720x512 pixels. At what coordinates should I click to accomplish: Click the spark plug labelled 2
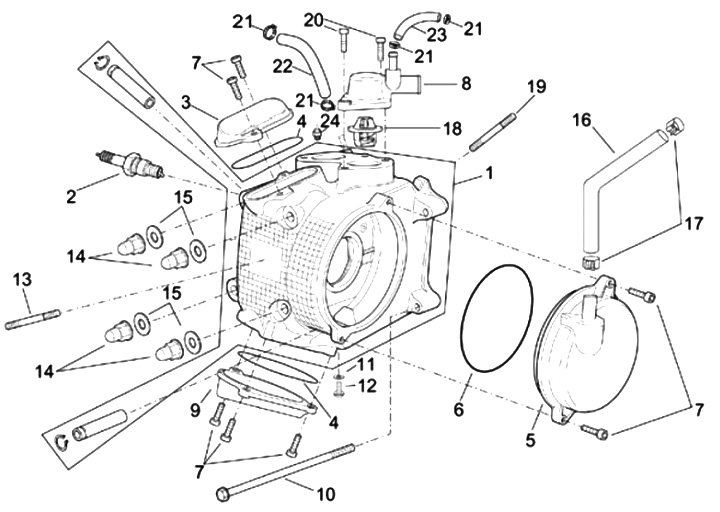pyautogui.click(x=130, y=165)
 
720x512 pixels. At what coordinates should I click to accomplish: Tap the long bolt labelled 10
pyautogui.click(x=286, y=470)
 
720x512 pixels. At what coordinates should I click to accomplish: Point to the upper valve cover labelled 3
pyautogui.click(x=252, y=123)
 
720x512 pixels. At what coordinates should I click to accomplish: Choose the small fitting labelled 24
pyautogui.click(x=317, y=134)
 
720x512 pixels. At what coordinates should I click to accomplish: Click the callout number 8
pyautogui.click(x=466, y=84)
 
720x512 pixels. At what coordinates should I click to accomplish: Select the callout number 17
pyautogui.click(x=694, y=224)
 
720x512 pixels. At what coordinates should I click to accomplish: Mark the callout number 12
pyautogui.click(x=368, y=386)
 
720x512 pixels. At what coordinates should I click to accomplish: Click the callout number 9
pyautogui.click(x=196, y=410)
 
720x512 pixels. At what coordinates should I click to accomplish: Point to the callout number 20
pyautogui.click(x=315, y=20)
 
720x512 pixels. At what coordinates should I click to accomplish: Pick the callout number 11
pyautogui.click(x=367, y=365)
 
